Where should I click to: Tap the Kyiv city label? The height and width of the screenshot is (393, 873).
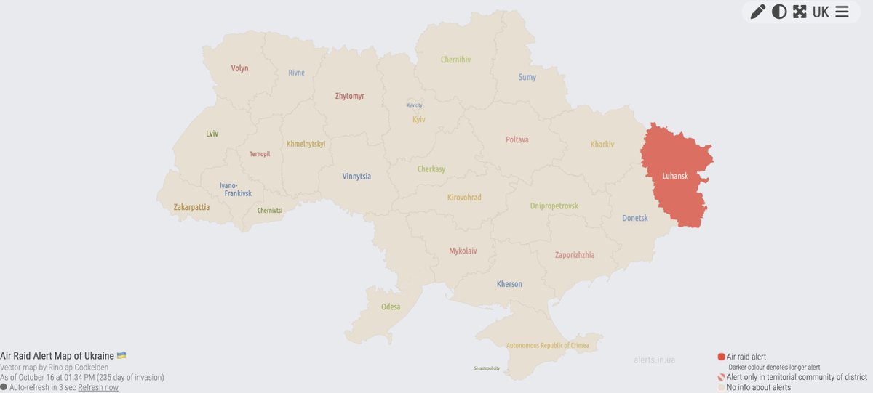tap(414, 105)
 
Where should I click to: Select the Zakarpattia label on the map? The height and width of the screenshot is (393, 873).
tap(191, 207)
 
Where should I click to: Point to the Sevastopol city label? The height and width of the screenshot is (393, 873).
tap(487, 368)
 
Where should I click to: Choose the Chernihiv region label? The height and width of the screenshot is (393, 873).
tap(455, 60)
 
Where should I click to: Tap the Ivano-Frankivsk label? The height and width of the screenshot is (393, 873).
tap(236, 190)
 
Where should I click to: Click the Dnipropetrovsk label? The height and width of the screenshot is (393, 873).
tap(554, 206)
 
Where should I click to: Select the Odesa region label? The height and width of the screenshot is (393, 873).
tap(391, 307)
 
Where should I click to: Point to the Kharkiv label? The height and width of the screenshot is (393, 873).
tap(602, 145)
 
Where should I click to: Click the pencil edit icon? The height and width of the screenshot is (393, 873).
tap(757, 12)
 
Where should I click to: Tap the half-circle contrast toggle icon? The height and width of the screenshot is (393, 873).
tap(779, 12)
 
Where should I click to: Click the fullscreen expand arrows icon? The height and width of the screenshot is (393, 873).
tap(800, 12)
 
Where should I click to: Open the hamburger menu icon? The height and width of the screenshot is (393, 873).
tap(842, 12)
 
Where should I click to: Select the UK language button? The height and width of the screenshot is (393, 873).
tap(821, 12)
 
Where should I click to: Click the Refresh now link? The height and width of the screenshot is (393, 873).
tap(98, 387)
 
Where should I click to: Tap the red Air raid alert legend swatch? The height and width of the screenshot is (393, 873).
tap(721, 357)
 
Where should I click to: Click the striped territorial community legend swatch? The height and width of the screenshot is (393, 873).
tap(721, 377)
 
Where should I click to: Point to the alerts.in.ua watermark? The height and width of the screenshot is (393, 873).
tap(654, 360)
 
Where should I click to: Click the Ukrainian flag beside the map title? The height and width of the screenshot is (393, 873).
tap(121, 355)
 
